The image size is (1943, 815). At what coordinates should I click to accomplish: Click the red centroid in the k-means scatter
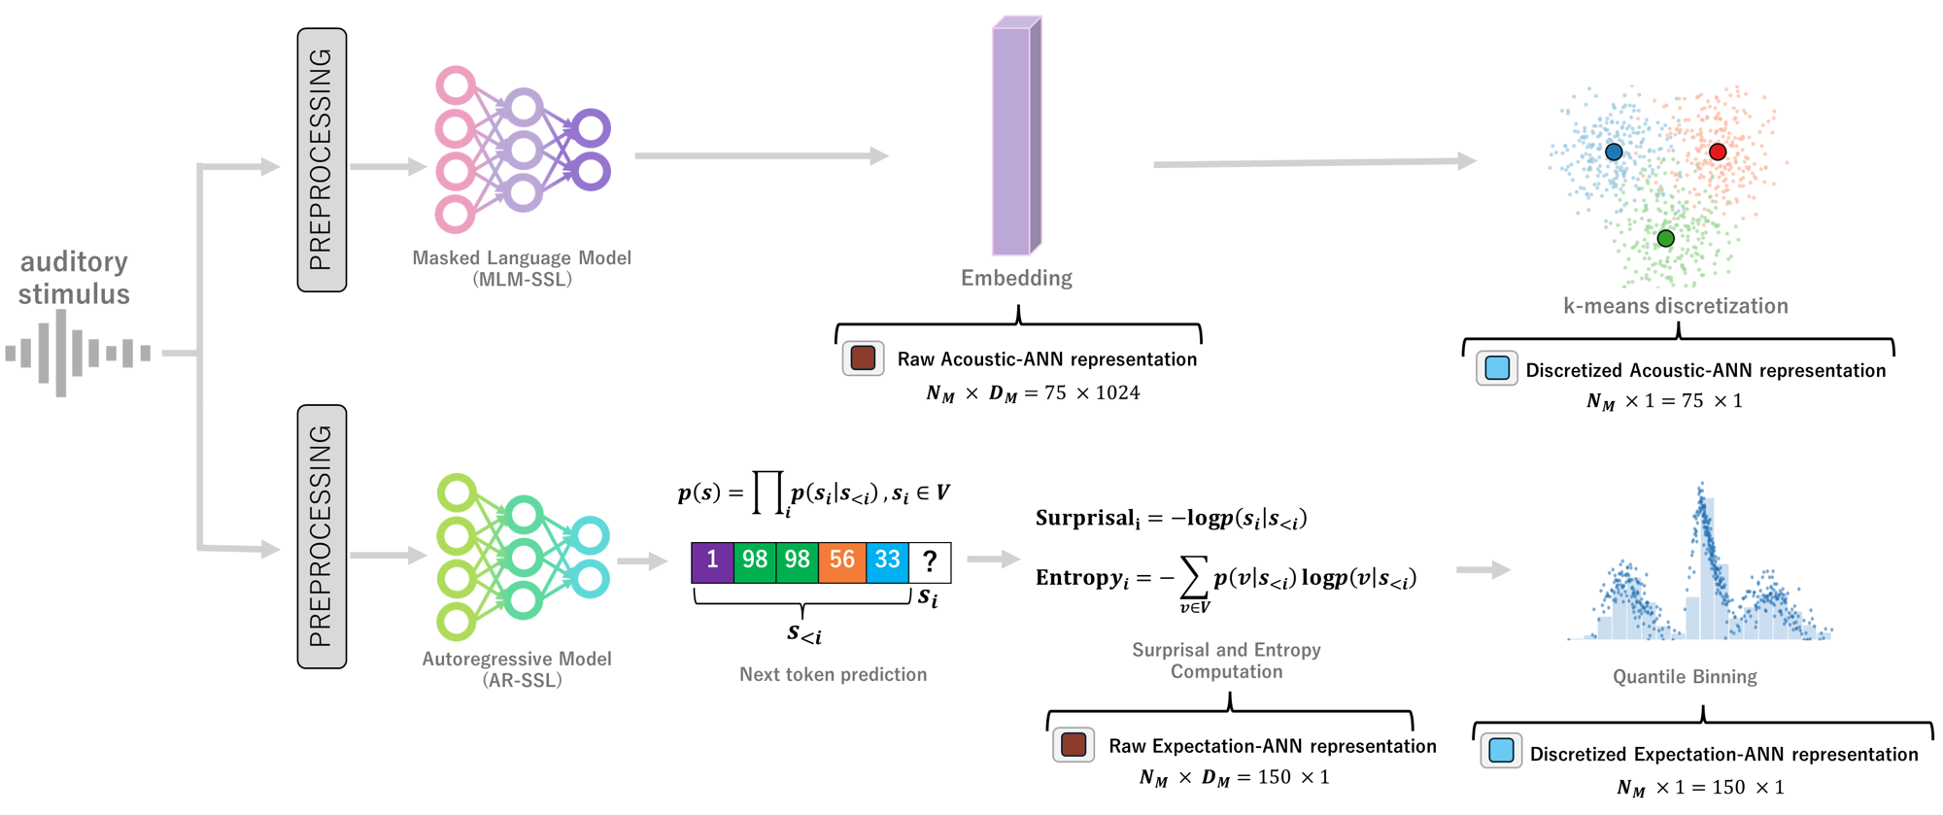click(x=1718, y=152)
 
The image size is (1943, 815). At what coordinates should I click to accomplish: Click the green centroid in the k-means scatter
click(x=1665, y=238)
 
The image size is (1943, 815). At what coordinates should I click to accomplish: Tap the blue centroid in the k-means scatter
click(x=1614, y=152)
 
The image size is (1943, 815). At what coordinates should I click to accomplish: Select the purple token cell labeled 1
click(x=712, y=561)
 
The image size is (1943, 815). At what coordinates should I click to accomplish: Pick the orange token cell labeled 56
click(x=841, y=561)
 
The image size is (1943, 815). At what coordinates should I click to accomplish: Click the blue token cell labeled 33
click(x=887, y=561)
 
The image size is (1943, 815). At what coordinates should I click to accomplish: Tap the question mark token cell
click(x=930, y=561)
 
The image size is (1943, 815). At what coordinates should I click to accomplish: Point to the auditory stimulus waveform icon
click(x=78, y=353)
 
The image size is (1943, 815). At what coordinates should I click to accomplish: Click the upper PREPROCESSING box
click(x=322, y=159)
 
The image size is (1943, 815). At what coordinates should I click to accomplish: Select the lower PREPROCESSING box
click(x=322, y=536)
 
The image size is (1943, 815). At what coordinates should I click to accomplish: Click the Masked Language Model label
click(x=522, y=258)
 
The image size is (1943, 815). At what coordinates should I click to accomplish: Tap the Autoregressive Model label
click(x=517, y=660)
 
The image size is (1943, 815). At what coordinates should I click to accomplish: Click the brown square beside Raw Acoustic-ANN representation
click(x=863, y=358)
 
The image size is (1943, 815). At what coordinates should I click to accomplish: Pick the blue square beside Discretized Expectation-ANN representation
click(x=1501, y=751)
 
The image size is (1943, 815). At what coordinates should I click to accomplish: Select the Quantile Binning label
click(x=1685, y=677)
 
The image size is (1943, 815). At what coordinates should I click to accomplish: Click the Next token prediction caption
click(x=833, y=674)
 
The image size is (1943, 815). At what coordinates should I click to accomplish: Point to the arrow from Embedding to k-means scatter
click(x=1312, y=163)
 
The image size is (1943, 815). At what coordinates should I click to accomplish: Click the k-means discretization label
click(x=1675, y=306)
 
